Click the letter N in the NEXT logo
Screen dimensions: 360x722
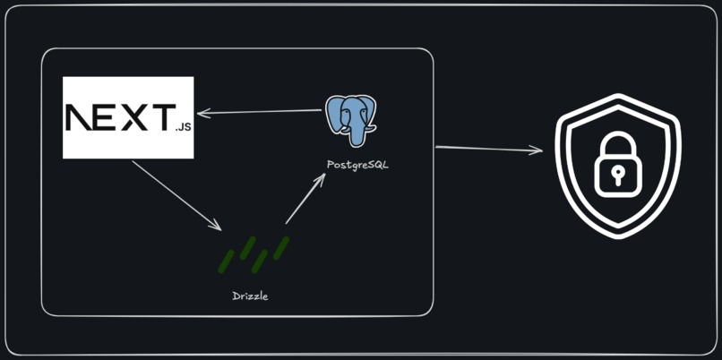[82, 117]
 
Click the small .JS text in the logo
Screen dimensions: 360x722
[182, 127]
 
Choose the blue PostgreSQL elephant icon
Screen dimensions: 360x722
[350, 119]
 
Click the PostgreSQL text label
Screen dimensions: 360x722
[358, 166]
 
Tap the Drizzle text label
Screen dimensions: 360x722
[250, 296]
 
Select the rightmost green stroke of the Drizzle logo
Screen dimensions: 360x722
[280, 247]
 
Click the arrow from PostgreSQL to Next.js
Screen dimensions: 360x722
[260, 112]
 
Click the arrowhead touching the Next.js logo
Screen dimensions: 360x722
[202, 113]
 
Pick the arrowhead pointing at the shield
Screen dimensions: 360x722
[537, 150]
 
